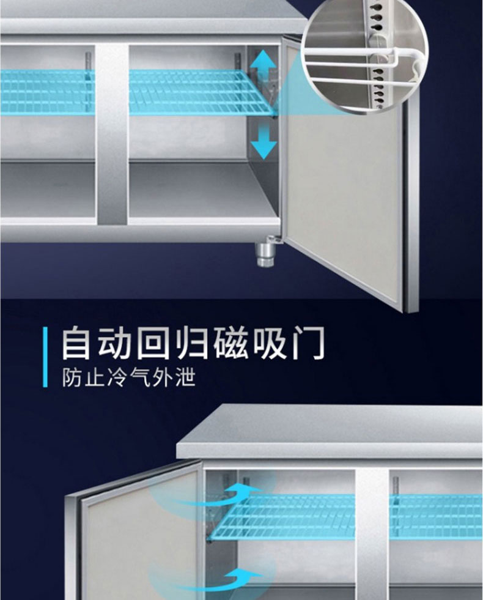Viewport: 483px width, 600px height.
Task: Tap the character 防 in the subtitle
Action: (72, 377)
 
